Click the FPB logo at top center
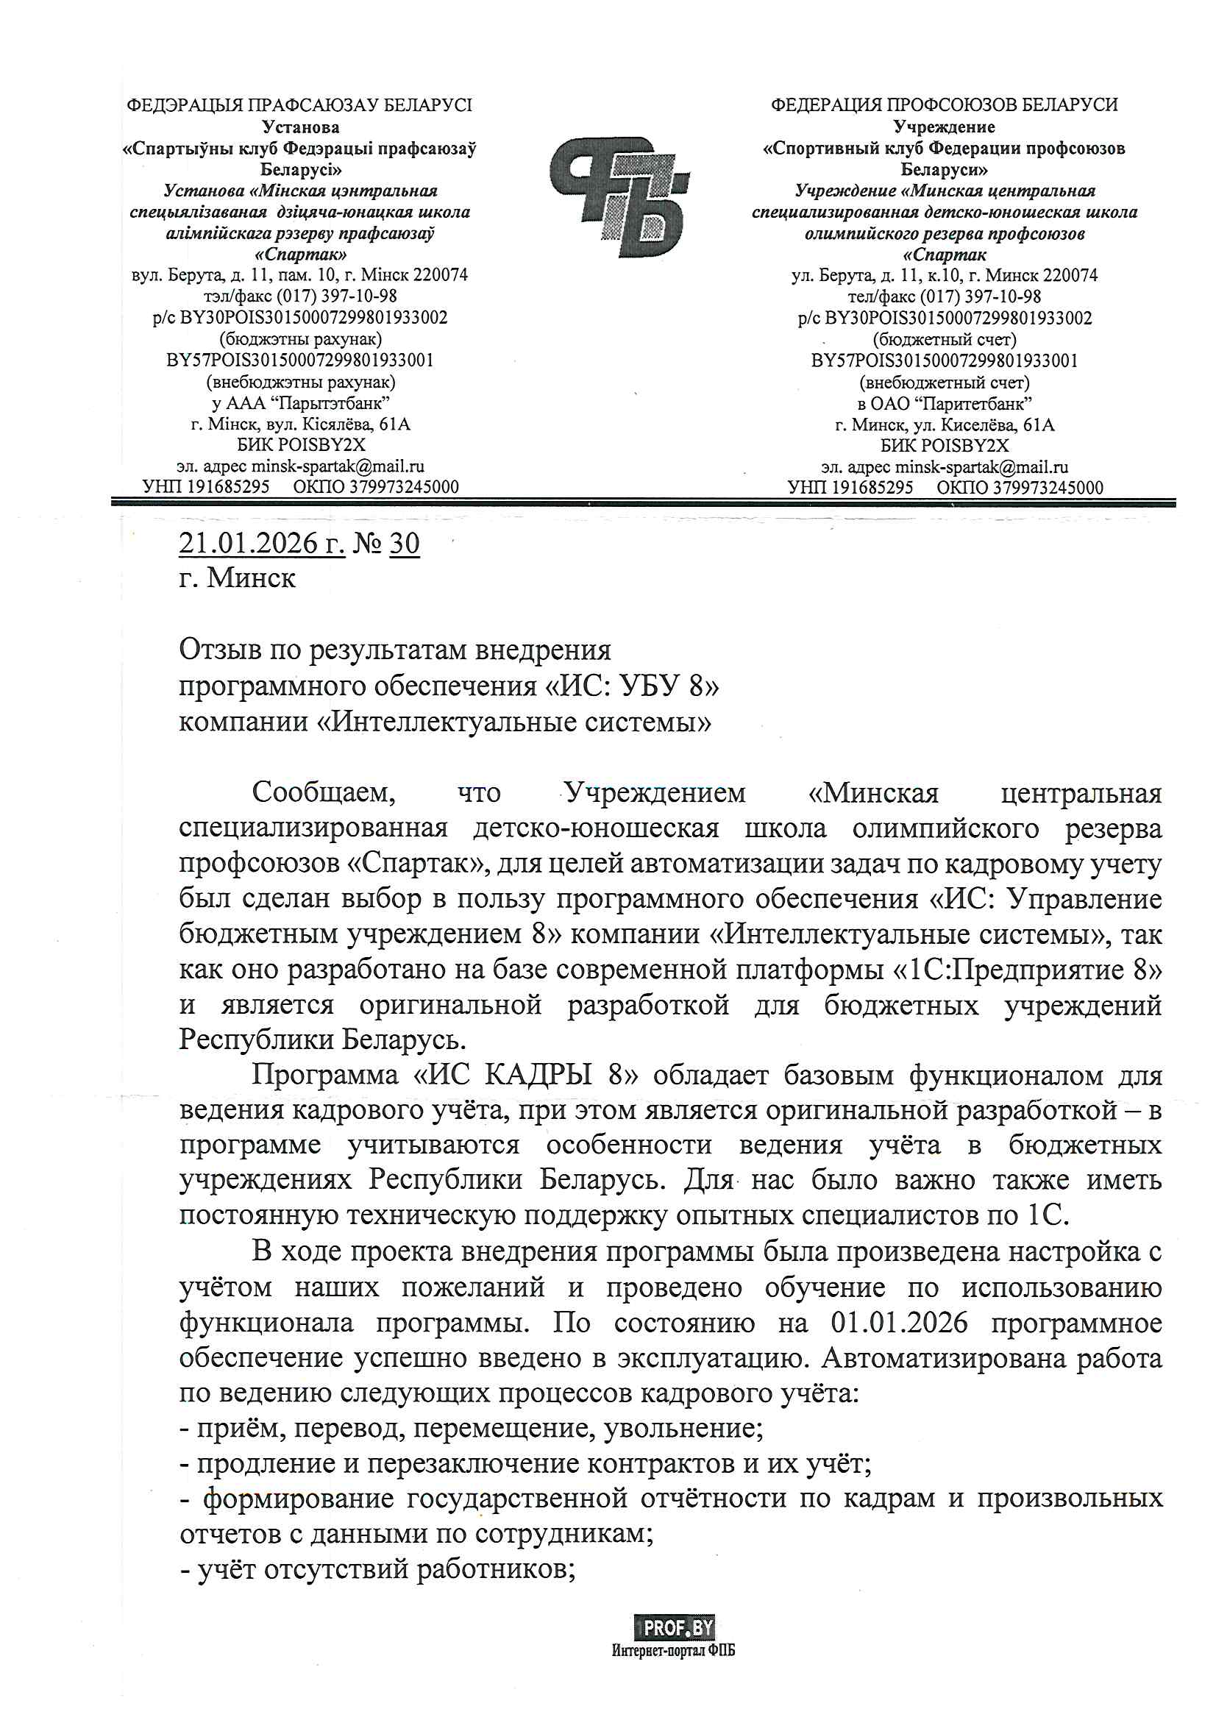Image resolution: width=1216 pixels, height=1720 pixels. [619, 196]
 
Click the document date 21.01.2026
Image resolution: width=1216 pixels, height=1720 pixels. [261, 542]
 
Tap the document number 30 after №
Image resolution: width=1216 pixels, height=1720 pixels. [405, 542]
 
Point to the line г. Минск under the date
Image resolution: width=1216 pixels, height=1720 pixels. [238, 578]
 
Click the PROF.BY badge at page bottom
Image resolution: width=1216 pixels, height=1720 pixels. [675, 1627]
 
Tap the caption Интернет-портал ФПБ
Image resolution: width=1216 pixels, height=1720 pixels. [673, 1650]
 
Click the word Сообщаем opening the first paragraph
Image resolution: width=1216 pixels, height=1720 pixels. [324, 792]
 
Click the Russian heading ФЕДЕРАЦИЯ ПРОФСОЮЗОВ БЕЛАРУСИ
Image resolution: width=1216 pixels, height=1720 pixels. [944, 105]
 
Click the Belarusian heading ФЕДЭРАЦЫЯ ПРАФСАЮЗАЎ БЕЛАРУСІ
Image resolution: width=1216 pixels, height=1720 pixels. [299, 105]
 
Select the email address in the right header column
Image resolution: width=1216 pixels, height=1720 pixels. [981, 466]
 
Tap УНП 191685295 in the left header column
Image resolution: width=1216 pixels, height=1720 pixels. [206, 487]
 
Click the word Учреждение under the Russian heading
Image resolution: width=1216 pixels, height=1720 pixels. [944, 127]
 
